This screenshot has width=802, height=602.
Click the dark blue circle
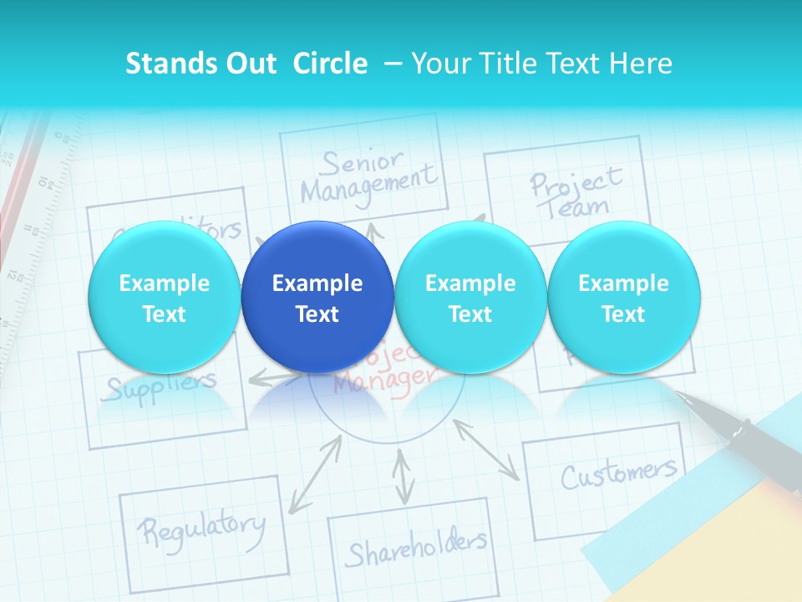point(317,298)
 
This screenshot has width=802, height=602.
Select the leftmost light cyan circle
point(164,298)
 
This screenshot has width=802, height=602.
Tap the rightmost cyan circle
point(623,298)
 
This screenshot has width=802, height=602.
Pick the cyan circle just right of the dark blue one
point(470,298)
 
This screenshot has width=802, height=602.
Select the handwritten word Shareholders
point(416,548)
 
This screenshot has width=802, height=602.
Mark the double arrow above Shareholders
point(404,477)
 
